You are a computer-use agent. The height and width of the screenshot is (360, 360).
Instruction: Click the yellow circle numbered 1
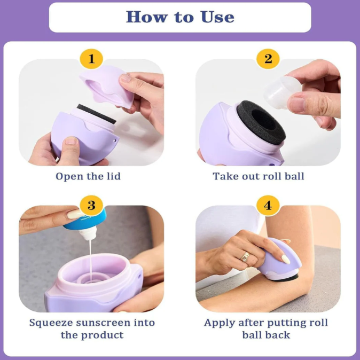pos(91,59)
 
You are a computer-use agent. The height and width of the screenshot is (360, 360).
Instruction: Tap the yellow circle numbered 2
pos(268,59)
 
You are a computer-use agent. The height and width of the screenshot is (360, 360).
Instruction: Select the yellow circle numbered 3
pos(91,205)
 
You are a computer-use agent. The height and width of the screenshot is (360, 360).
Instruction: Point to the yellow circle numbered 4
pos(268,205)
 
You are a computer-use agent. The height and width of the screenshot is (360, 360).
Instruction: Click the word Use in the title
pos(217,17)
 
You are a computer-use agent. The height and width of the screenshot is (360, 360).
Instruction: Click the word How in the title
pos(147,17)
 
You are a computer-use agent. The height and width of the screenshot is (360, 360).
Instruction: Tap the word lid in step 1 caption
pos(114,176)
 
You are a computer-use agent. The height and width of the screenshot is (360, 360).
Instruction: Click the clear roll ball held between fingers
pos(282,92)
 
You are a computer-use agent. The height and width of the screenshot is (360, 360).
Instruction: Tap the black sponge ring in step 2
pos(261,122)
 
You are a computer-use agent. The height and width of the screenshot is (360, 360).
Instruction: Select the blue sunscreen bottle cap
pos(85,220)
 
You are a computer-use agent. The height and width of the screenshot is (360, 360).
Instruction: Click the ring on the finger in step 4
pos(245,256)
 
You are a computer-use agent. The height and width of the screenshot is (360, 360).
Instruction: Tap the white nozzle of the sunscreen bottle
pos(89,232)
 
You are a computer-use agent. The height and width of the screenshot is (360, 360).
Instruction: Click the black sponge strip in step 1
pos(97,114)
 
